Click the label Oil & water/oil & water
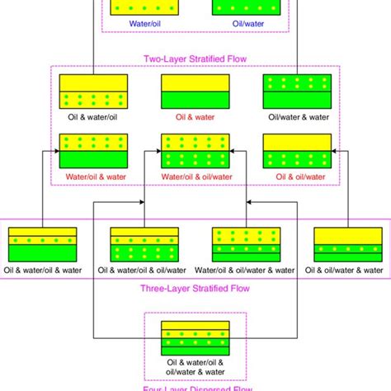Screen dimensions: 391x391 point(43,269)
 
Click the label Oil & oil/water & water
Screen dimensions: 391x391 point(344,269)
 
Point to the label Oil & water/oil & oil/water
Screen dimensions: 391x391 point(142,269)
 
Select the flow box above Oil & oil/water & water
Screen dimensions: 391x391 point(346,244)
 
